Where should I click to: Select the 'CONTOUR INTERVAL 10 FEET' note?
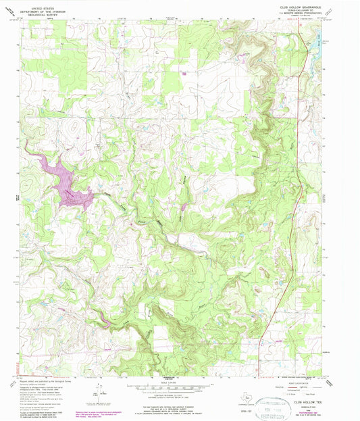click(x=173, y=395)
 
